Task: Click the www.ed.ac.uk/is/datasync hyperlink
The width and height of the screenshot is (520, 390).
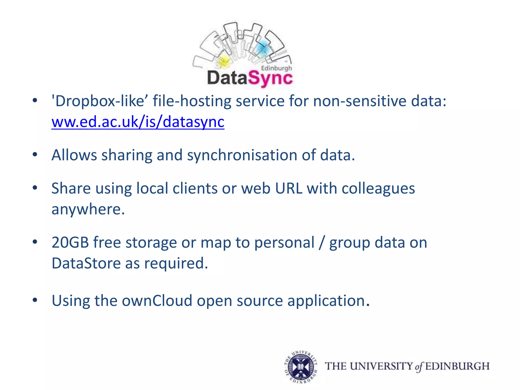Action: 138,122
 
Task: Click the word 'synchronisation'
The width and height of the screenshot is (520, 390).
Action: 242,155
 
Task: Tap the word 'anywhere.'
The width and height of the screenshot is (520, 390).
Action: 88,210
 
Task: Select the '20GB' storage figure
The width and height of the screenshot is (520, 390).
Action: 70,242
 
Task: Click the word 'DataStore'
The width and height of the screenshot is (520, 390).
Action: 86,263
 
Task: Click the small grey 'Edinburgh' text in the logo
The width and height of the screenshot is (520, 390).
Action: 277,68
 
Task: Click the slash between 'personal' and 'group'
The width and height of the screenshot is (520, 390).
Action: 322,243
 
